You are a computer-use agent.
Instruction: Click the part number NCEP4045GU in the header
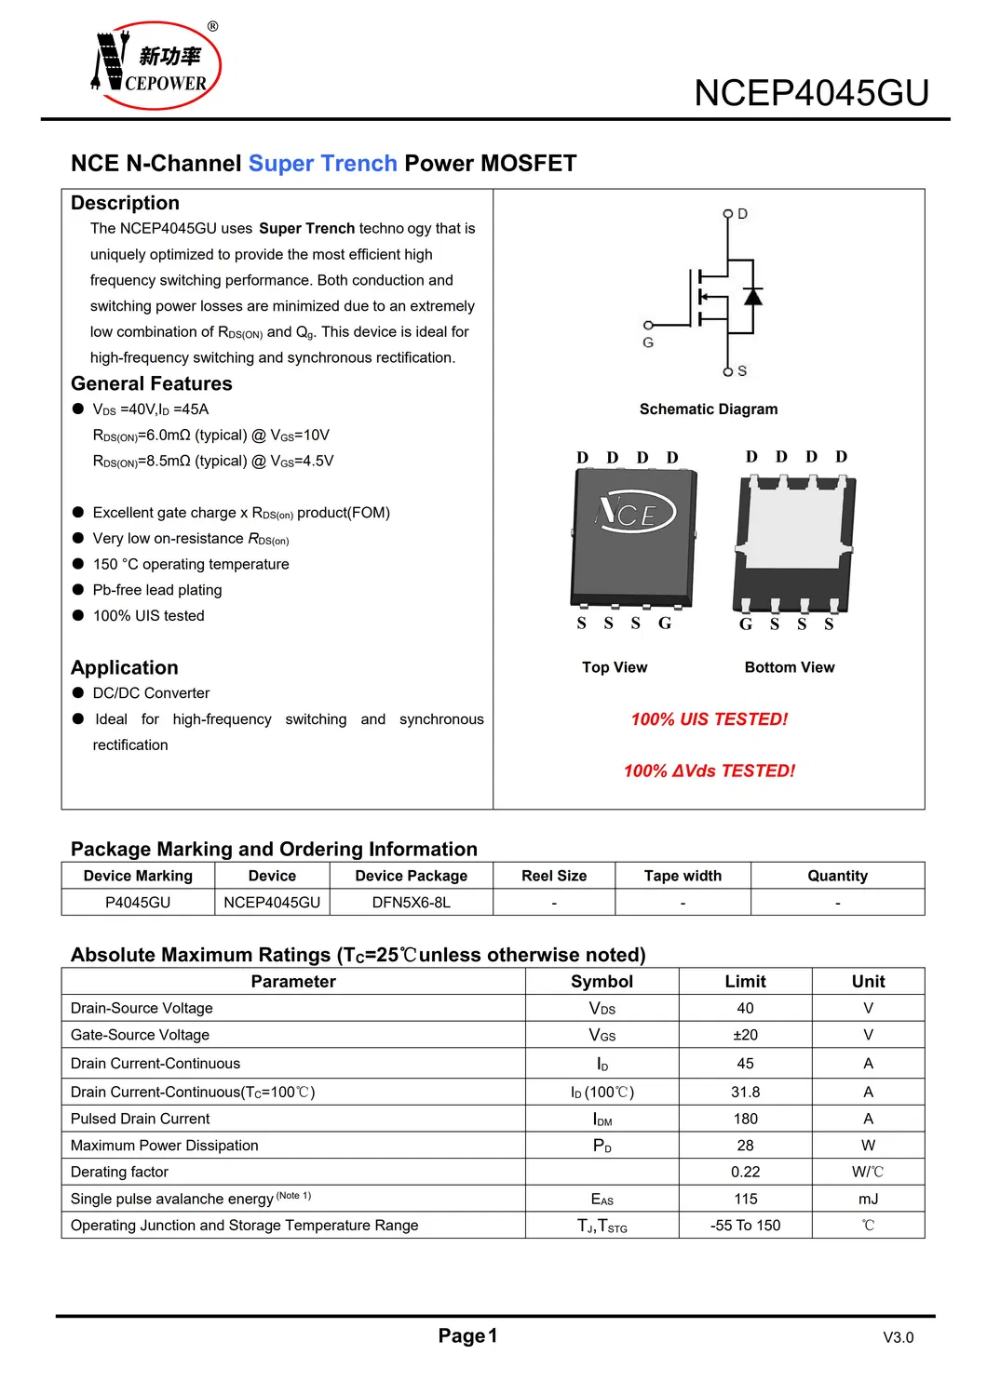click(x=811, y=93)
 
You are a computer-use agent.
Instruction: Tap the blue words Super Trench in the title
click(x=322, y=164)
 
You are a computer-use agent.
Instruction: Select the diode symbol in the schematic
click(x=752, y=297)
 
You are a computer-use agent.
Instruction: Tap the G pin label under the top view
click(x=665, y=624)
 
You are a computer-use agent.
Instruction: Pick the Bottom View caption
click(x=789, y=667)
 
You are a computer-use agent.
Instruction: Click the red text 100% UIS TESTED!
click(x=709, y=719)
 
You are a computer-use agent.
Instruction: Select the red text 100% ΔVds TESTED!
click(x=709, y=771)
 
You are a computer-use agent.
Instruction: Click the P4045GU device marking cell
click(x=138, y=903)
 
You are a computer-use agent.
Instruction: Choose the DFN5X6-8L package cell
click(x=411, y=903)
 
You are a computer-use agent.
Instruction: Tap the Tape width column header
click(x=683, y=876)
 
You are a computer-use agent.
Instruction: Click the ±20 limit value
click(x=745, y=1035)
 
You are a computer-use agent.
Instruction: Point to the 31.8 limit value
click(x=745, y=1092)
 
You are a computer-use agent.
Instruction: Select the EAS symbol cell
click(x=602, y=1200)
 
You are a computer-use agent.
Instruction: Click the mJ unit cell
click(x=868, y=1200)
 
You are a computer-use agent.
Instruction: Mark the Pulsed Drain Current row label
click(x=141, y=1119)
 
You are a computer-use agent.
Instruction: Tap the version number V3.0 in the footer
click(x=898, y=1337)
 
